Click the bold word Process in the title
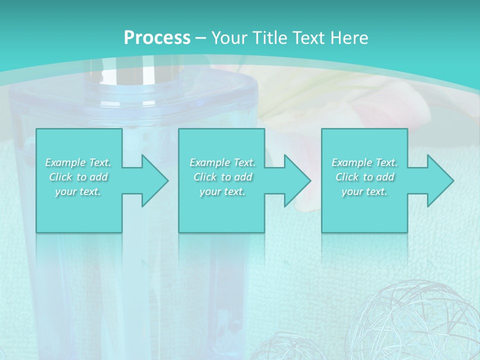(x=157, y=38)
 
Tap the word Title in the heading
(x=269, y=38)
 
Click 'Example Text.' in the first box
(x=78, y=162)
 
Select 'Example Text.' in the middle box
(x=222, y=162)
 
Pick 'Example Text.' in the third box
(x=364, y=162)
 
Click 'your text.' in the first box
(x=78, y=191)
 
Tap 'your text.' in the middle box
(x=222, y=191)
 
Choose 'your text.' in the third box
(x=364, y=191)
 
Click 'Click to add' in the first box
(x=78, y=177)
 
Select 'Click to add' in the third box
(x=364, y=177)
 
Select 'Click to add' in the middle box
(x=222, y=177)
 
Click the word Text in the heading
(x=308, y=38)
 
